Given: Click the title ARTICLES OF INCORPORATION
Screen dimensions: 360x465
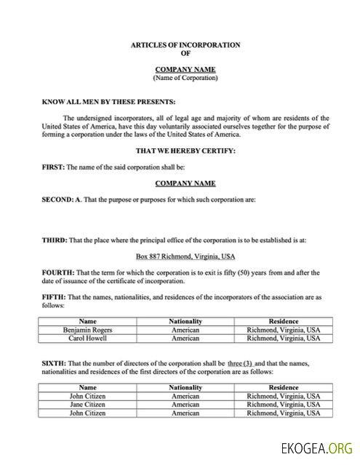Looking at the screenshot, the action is tap(185, 45).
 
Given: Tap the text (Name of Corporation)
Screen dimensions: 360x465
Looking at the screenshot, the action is tap(185, 77).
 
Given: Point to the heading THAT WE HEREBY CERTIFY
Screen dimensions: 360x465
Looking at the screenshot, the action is tap(185, 151).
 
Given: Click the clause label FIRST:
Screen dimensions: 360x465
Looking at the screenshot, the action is tap(53, 167).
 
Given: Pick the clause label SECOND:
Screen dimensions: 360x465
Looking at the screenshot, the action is tap(59, 199).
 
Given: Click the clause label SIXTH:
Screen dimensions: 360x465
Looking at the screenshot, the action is tap(55, 362).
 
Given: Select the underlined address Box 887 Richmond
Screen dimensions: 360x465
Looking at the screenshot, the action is tap(185, 256).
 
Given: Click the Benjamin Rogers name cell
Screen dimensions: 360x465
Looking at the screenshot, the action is tap(88, 329).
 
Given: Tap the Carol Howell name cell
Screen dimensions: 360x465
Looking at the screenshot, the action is tap(88, 338).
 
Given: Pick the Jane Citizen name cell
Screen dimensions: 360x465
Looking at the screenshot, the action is tap(88, 404).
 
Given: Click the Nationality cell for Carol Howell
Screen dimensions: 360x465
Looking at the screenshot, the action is tap(185, 338).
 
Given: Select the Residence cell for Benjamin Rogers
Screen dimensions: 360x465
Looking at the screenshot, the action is tap(283, 329).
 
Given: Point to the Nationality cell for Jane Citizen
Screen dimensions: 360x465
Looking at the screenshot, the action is tap(185, 404).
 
